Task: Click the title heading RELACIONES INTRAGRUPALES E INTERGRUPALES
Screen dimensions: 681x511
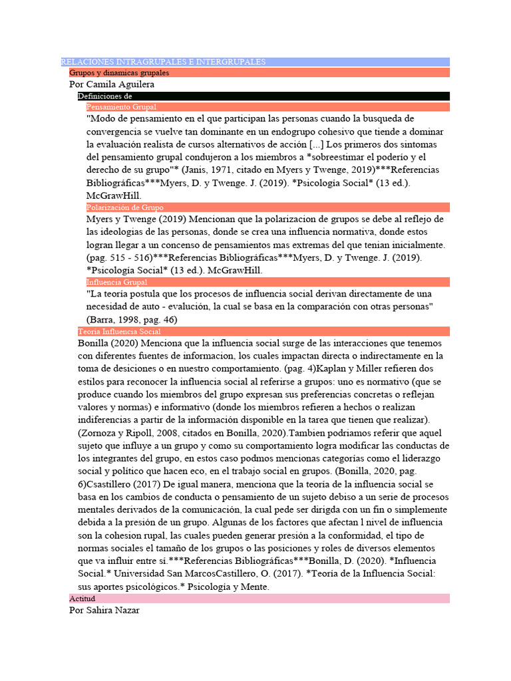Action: click(163, 62)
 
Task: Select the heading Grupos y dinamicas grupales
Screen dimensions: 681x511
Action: click(119, 72)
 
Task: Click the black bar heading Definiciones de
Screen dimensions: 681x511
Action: click(104, 96)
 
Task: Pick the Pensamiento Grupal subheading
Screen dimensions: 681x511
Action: click(121, 106)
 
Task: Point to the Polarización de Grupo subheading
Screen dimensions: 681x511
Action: click(125, 207)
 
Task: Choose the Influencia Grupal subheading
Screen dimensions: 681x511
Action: click(116, 282)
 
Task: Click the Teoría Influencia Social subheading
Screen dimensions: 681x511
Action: click(119, 331)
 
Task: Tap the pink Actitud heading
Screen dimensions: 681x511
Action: click(83, 599)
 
